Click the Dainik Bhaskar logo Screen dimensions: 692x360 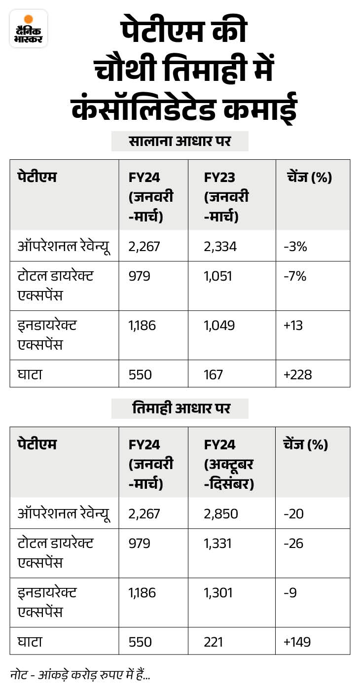(x=29, y=28)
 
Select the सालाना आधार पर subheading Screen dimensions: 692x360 (x=180, y=142)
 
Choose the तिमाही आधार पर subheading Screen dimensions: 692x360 (x=180, y=408)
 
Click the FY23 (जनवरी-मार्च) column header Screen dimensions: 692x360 (x=226, y=196)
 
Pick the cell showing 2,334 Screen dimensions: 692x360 (x=220, y=246)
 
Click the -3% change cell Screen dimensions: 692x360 (x=295, y=246)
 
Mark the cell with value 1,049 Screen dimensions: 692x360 (x=218, y=325)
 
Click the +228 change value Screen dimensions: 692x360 (x=298, y=375)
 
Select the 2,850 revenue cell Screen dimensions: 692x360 (x=220, y=513)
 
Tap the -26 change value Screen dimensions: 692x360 (x=293, y=544)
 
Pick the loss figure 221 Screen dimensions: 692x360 (x=213, y=642)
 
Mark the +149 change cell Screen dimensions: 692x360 (x=297, y=642)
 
